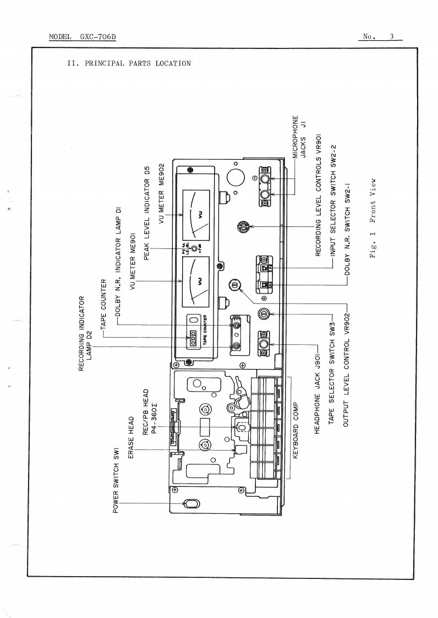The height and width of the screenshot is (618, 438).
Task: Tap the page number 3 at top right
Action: tap(391, 37)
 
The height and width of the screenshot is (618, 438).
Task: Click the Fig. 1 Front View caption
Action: tap(375, 219)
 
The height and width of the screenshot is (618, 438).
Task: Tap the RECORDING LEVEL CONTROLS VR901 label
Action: tap(317, 194)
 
